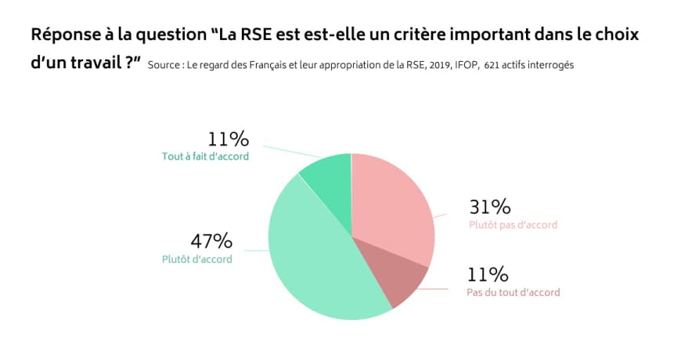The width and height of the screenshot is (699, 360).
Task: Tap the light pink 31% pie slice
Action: pos(396,203)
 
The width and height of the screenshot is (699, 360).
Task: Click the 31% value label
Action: pos(490,207)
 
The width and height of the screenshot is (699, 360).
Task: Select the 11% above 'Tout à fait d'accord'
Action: pos(228,140)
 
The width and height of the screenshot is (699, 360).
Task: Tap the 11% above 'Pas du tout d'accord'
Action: pos(488,275)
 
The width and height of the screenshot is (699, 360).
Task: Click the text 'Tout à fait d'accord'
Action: pos(204,157)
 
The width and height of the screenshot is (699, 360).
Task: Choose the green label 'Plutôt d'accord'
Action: pos(196,259)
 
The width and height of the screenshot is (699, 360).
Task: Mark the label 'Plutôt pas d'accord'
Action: pos(513,225)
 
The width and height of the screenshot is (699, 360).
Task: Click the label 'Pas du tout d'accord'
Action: pos(513,292)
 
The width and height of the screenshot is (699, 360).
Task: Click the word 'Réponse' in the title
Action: pos(63,36)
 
